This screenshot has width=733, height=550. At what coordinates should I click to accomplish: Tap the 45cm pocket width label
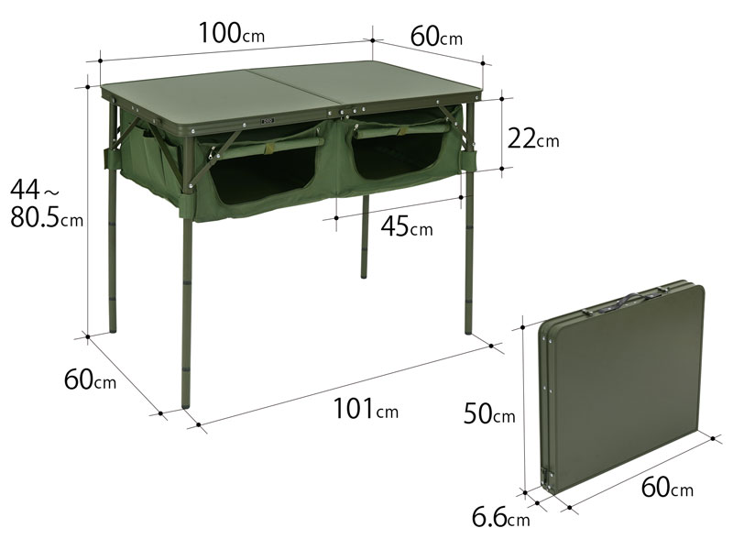point(407,227)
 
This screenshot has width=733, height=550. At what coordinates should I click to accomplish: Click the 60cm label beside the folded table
point(667,488)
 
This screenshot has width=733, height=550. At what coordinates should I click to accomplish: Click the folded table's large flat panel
point(623,385)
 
